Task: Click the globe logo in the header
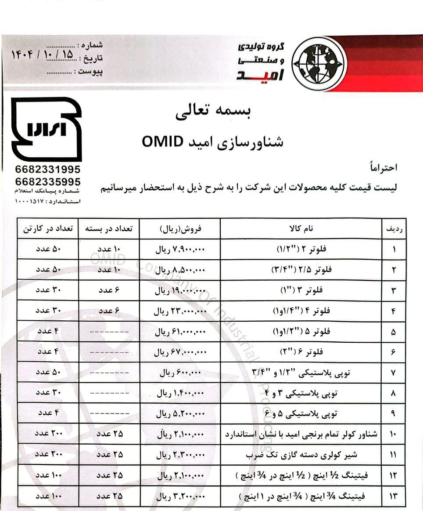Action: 315,63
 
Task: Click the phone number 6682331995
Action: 47,170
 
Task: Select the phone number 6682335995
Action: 47,181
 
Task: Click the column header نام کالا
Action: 301,228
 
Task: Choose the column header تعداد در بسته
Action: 109,228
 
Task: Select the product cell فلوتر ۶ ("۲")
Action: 301,352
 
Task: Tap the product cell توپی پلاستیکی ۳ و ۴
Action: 301,393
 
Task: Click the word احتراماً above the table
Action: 383,167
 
